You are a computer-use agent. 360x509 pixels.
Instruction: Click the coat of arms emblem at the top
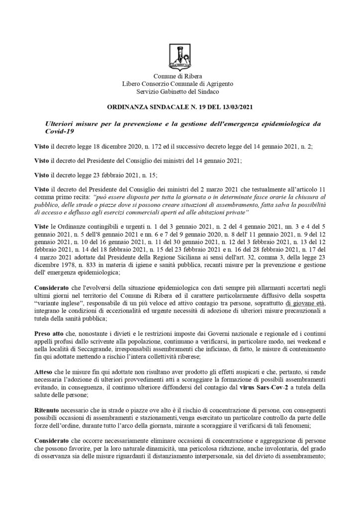(x=180, y=56)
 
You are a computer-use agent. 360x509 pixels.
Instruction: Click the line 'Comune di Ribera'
(x=180, y=76)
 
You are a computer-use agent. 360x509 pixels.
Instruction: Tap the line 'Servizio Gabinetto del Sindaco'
(x=180, y=91)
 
